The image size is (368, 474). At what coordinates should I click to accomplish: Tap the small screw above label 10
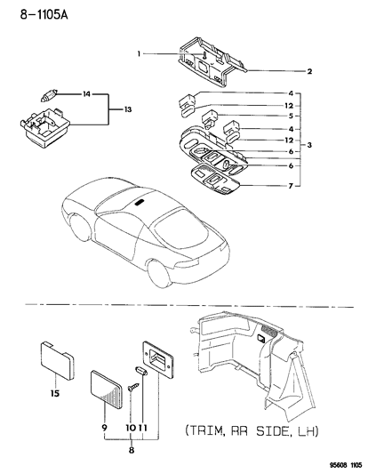(131, 388)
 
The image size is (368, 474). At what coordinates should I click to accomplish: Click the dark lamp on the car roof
(140, 203)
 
